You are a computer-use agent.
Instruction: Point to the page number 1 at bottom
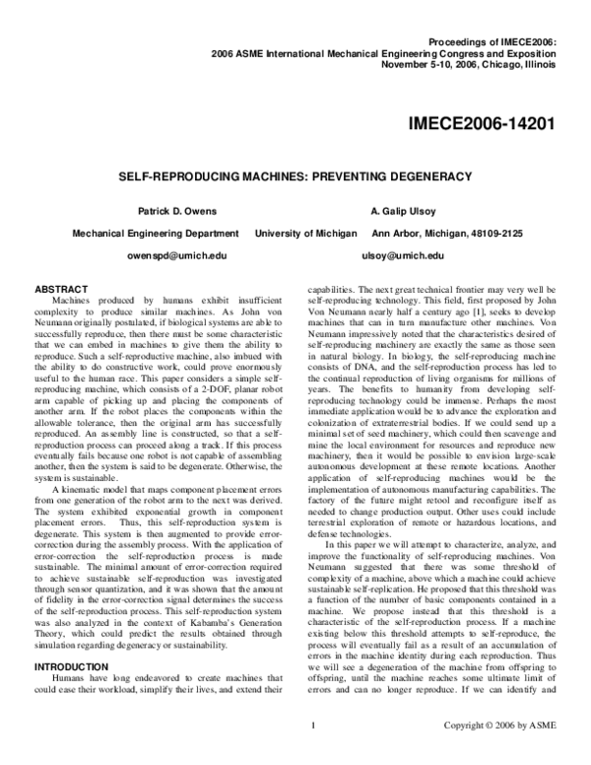(311, 754)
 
